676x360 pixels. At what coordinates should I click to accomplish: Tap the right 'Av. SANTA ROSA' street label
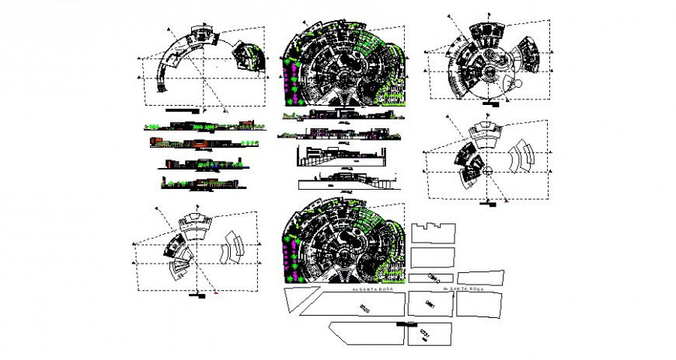click(x=464, y=288)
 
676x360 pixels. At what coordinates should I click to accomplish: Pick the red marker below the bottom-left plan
click(x=215, y=293)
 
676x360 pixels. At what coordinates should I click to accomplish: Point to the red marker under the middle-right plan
click(x=506, y=201)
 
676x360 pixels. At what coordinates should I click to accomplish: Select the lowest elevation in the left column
click(x=198, y=183)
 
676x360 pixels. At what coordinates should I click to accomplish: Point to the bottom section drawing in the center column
click(x=342, y=184)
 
